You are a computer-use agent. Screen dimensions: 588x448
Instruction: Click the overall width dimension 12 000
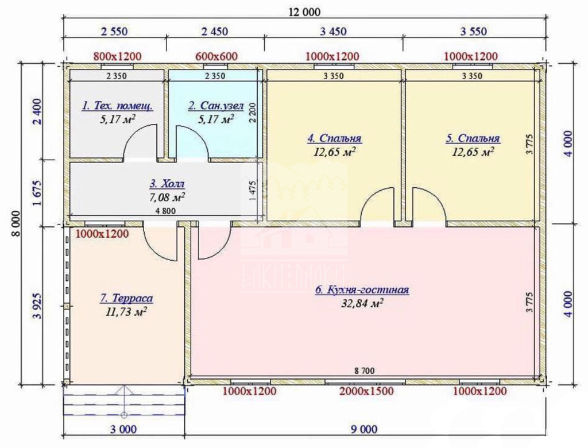(x=304, y=12)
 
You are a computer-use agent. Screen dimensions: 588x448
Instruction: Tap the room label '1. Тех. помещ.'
(x=117, y=106)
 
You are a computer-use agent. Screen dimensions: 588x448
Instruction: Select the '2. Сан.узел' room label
(x=216, y=106)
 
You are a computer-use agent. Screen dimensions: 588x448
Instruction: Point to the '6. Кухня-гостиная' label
(x=362, y=290)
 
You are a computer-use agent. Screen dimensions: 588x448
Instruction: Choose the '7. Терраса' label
(x=126, y=298)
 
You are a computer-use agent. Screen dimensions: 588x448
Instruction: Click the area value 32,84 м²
(x=362, y=303)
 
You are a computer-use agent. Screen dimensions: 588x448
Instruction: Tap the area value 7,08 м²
(x=167, y=196)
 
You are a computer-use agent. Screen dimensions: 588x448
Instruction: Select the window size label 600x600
(x=216, y=57)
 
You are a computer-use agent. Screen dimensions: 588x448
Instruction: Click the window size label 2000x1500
(x=366, y=391)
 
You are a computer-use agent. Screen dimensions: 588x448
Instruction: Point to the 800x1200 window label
(x=117, y=57)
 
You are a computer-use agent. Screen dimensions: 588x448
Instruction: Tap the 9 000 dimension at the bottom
(x=364, y=429)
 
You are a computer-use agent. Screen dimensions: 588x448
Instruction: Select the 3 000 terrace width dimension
(x=123, y=429)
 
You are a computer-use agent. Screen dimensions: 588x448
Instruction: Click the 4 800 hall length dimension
(x=165, y=211)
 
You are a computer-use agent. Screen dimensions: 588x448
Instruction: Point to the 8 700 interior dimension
(x=364, y=371)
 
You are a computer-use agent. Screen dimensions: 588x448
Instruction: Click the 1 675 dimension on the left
(x=37, y=193)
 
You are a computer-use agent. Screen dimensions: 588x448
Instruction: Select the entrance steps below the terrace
(x=124, y=400)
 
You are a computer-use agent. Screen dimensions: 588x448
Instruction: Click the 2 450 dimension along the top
(x=215, y=31)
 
